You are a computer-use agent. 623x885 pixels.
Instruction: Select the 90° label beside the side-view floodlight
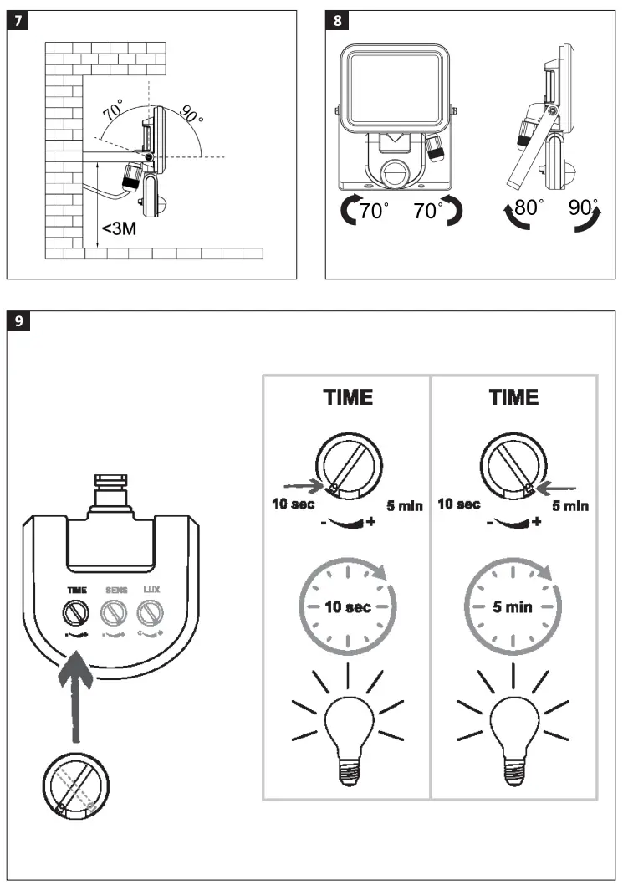[583, 207]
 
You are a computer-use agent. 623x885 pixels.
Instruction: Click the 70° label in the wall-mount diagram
[112, 109]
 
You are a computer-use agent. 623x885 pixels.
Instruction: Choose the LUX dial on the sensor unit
[149, 614]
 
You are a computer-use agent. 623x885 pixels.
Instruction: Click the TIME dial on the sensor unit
[77, 614]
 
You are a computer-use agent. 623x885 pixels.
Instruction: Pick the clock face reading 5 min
[513, 606]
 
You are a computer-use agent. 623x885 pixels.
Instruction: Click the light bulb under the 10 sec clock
[349, 723]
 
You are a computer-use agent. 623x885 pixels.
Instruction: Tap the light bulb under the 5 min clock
[513, 723]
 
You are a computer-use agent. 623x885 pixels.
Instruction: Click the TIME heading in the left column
[349, 398]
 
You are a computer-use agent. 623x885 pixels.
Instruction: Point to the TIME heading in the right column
[513, 398]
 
